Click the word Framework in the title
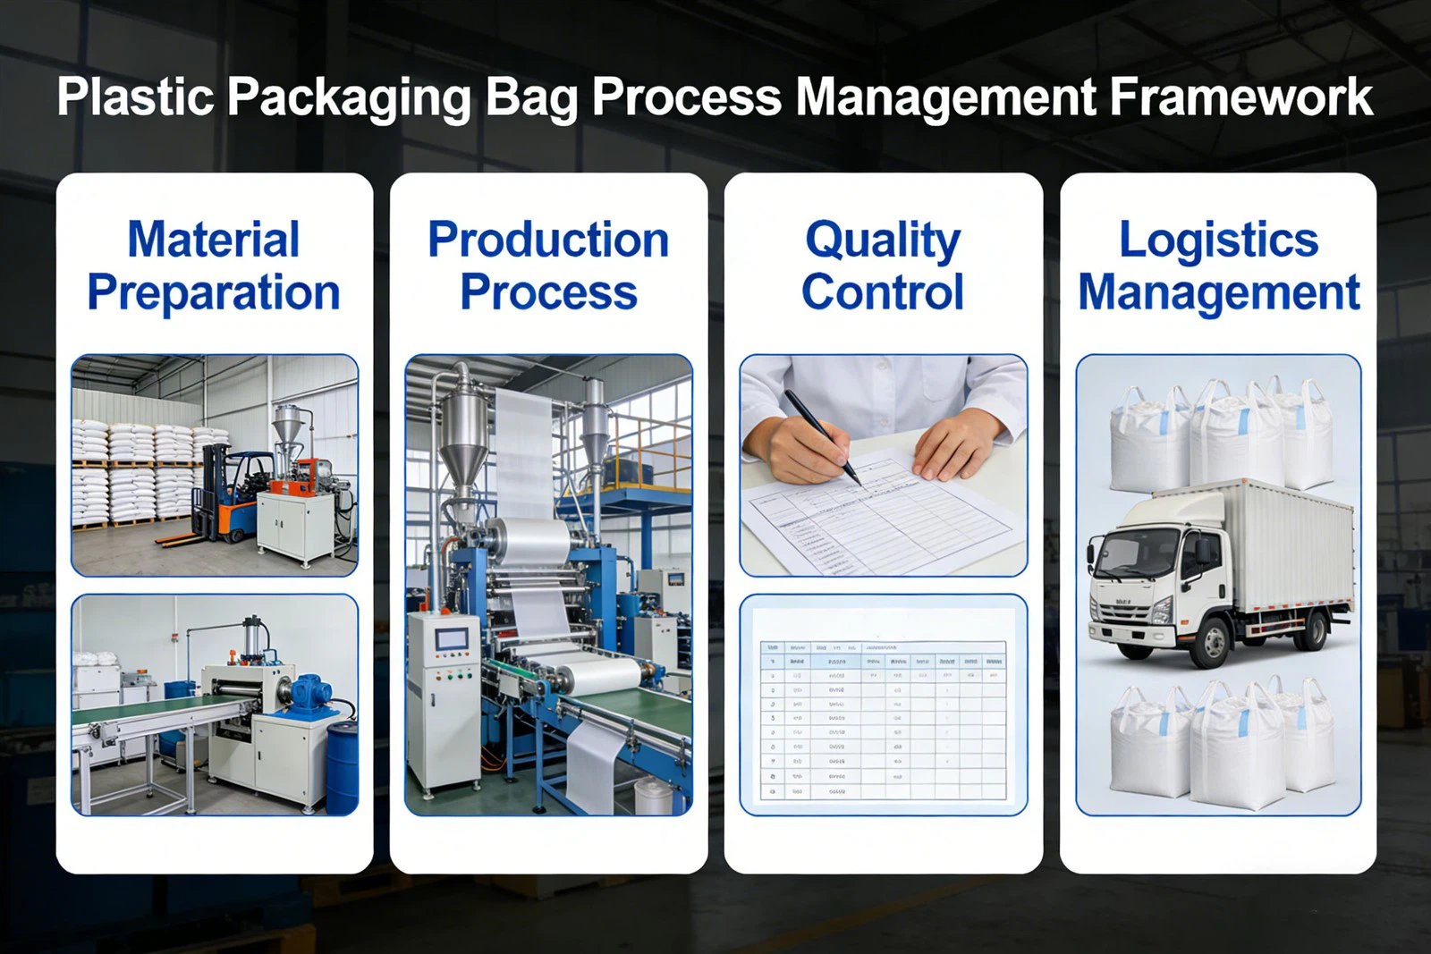click(1240, 97)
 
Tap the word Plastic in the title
click(135, 97)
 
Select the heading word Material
click(214, 240)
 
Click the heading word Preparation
click(214, 293)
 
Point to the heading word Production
click(548, 240)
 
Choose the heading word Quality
click(883, 240)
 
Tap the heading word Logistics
click(1218, 240)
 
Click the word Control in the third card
click(883, 292)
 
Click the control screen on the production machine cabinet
click(452, 639)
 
